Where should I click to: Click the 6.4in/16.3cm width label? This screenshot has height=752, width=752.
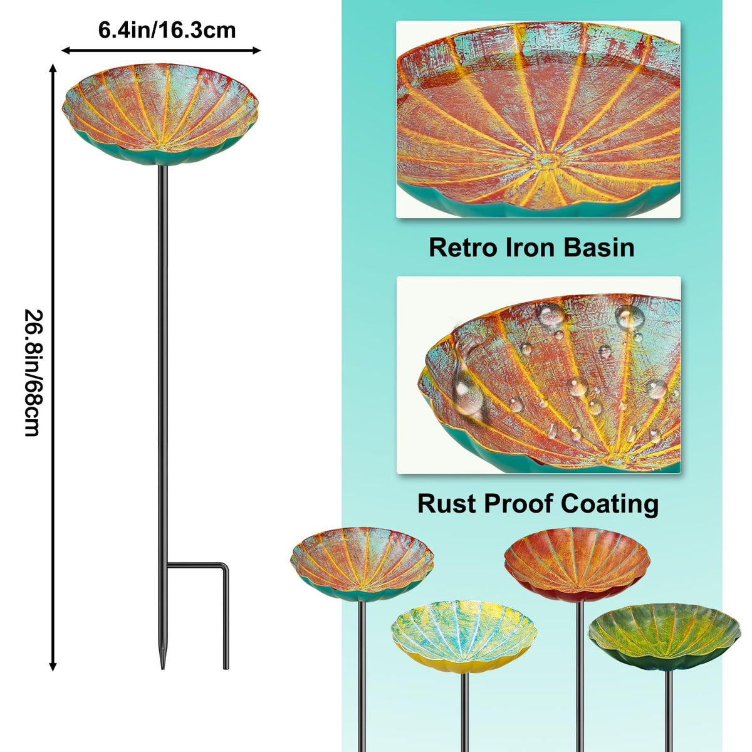(167, 31)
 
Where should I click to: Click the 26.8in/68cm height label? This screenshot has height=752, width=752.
(32, 373)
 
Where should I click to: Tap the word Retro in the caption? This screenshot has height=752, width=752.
(464, 248)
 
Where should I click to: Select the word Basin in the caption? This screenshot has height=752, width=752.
(600, 248)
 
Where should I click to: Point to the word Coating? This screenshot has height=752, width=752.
(610, 504)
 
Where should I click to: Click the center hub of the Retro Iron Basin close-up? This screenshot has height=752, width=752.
(546, 159)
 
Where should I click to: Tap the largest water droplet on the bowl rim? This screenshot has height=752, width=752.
(467, 392)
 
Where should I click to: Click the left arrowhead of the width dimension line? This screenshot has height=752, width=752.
(65, 50)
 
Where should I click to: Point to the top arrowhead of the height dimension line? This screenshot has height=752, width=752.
(53, 68)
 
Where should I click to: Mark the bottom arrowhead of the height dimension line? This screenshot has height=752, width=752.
(53, 667)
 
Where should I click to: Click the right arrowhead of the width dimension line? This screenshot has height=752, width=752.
(257, 50)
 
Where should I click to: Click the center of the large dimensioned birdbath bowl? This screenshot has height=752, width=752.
(160, 114)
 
